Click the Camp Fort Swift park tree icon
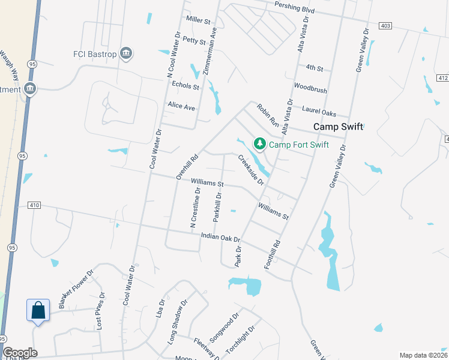point(260,144)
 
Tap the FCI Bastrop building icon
point(126,53)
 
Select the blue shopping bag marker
point(38,311)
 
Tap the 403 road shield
point(385,25)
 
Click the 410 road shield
point(34,205)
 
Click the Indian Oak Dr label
point(220,238)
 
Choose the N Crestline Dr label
point(195,208)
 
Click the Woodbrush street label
point(310,90)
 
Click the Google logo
point(20,353)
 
